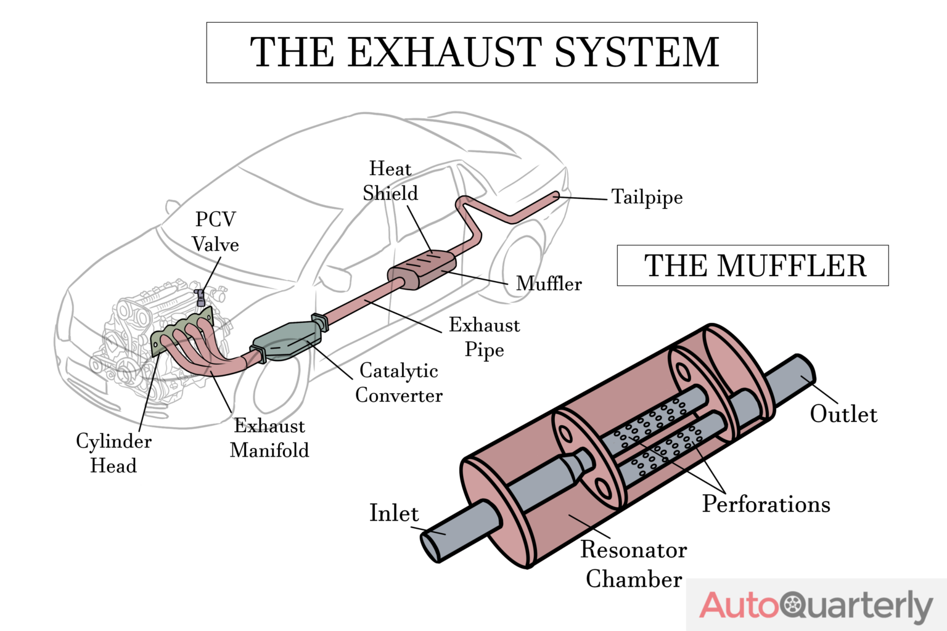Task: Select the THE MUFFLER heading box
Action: click(752, 266)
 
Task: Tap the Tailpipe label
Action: click(647, 197)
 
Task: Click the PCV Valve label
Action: click(215, 232)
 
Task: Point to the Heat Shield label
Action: click(390, 181)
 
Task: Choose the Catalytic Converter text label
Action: click(399, 383)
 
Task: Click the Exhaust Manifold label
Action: click(269, 438)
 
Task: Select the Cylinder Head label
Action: click(113, 453)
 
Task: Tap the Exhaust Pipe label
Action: click(484, 337)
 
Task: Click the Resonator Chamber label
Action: click(634, 564)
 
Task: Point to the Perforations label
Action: click(766, 505)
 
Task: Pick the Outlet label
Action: click(843, 414)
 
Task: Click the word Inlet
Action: click(394, 513)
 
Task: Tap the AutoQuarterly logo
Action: click(816, 605)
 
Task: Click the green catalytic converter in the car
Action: click(287, 341)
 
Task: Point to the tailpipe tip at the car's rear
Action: click(555, 195)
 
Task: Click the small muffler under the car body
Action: click(422, 269)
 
